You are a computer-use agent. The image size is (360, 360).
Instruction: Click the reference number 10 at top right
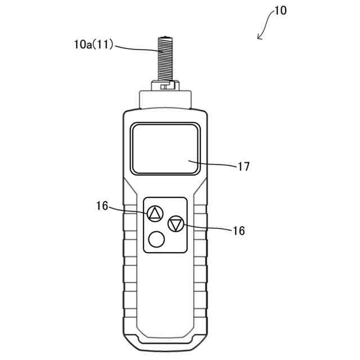click(x=280, y=11)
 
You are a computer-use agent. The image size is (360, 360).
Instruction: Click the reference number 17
click(x=244, y=166)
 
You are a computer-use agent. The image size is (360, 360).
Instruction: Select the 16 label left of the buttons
click(x=102, y=206)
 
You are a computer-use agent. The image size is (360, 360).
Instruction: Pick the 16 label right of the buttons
click(x=238, y=230)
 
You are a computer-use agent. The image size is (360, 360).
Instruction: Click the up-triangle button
click(x=155, y=214)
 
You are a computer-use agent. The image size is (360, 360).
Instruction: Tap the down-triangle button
click(x=176, y=224)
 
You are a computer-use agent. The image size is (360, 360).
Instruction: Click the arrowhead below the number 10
click(x=259, y=37)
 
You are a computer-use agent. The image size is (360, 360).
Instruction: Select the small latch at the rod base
click(x=164, y=87)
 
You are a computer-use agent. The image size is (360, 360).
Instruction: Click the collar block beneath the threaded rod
click(x=164, y=98)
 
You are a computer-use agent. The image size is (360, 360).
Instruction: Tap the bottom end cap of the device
click(x=164, y=340)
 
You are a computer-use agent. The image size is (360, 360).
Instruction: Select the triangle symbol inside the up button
click(x=155, y=214)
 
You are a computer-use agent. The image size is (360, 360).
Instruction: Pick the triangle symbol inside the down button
click(x=176, y=224)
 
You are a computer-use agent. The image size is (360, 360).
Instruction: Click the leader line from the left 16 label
click(x=129, y=210)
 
